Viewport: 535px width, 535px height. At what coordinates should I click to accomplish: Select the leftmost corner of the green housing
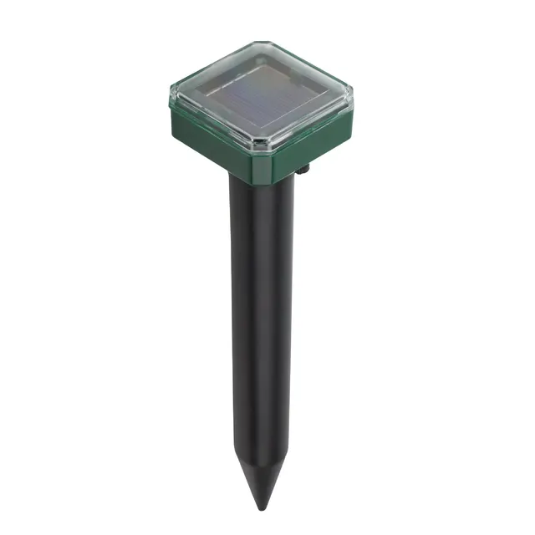click(171, 99)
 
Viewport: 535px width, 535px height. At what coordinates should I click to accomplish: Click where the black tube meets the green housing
click(262, 178)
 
